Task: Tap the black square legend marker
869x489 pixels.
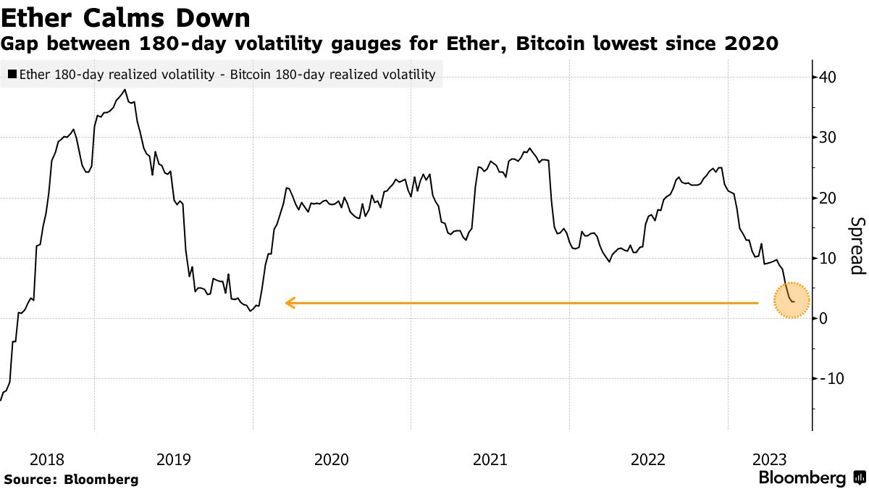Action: [12, 74]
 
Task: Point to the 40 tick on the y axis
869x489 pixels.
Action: [828, 78]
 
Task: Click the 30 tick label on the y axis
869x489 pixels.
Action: [828, 138]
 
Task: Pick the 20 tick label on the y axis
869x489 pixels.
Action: [828, 198]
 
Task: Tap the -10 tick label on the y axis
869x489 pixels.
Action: [831, 379]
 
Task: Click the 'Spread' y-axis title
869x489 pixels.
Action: [857, 246]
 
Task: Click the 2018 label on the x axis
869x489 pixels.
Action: [48, 459]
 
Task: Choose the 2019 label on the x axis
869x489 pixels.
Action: [173, 459]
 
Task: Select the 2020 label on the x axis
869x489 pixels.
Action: [332, 459]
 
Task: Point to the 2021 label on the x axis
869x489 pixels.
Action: [490, 459]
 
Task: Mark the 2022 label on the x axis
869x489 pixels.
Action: [647, 459]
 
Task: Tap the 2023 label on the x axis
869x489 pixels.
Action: [771, 459]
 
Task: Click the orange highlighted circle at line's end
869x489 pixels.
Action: [791, 301]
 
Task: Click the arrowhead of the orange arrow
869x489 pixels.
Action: [289, 303]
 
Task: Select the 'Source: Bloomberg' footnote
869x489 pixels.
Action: [71, 479]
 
